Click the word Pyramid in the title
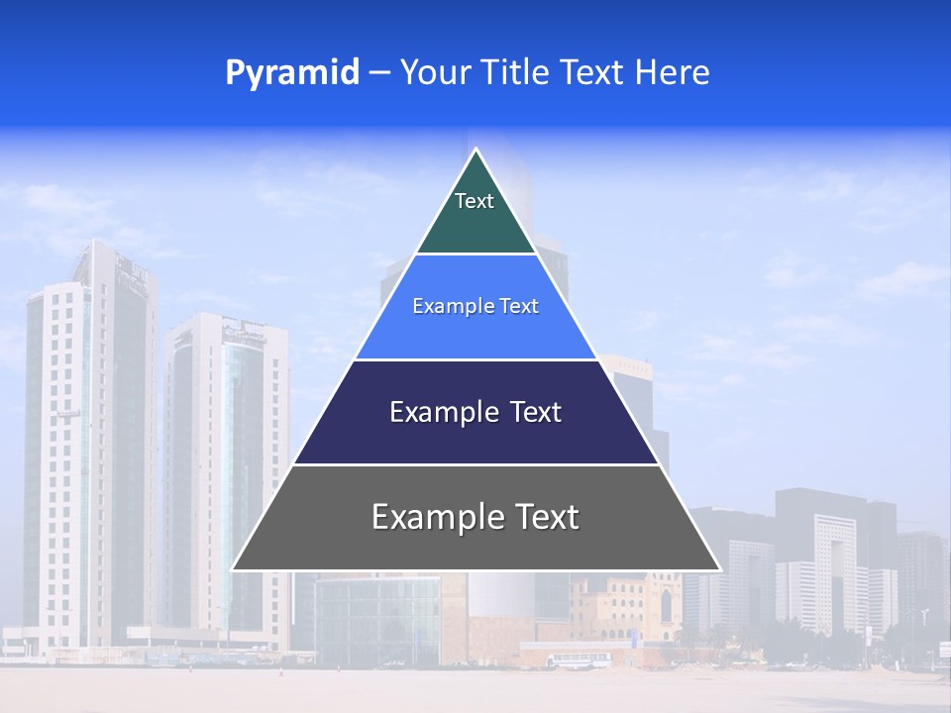tap(291, 73)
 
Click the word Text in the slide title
tap(592, 73)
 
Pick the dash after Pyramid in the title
tap(378, 73)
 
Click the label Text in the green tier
tap(475, 201)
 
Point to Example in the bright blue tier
tap(450, 306)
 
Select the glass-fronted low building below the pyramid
tap(376, 619)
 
